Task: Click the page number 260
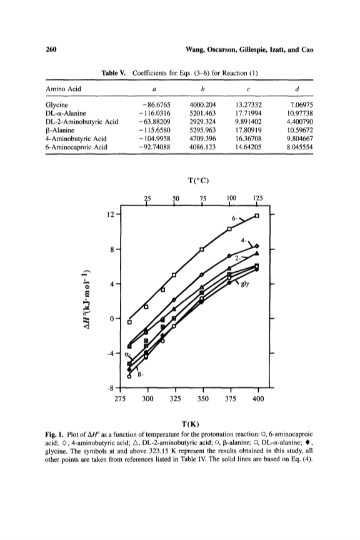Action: click(51, 49)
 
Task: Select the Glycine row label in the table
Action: click(57, 105)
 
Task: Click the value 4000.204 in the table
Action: click(202, 105)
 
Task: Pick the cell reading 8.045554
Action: click(300, 147)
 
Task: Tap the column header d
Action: click(297, 89)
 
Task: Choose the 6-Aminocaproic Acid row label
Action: click(76, 147)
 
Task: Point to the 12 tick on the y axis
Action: click(111, 214)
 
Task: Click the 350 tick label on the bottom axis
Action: click(203, 399)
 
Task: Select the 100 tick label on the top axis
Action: click(231, 198)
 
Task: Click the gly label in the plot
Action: click(245, 284)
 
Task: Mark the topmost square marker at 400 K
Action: click(257, 216)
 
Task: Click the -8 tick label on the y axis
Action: click(111, 388)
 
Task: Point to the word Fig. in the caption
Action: click(51, 434)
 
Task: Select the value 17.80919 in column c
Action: click(248, 130)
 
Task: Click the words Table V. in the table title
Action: click(114, 73)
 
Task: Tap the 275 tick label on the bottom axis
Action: click(120, 399)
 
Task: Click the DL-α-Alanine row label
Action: click(66, 113)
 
